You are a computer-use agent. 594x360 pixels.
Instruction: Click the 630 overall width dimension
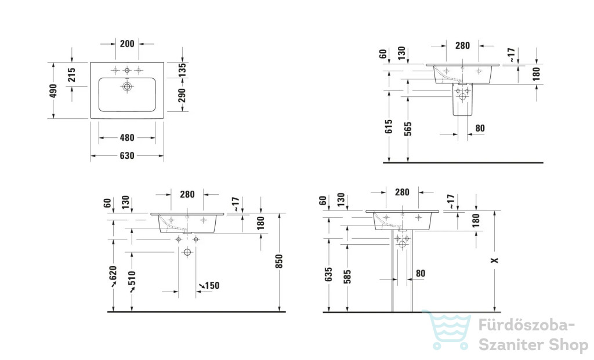coord(127,155)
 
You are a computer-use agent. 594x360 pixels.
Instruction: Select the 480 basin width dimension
coord(127,138)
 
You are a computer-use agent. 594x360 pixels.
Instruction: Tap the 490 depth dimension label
coord(53,91)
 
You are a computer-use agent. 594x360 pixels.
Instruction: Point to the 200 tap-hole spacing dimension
coord(127,44)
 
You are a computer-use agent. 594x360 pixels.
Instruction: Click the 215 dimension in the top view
coord(71,75)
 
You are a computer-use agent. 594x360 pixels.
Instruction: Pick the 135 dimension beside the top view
coord(182,70)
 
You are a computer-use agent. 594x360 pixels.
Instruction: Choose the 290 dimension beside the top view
coord(182,96)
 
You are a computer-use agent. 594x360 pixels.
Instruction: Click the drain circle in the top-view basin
coord(127,87)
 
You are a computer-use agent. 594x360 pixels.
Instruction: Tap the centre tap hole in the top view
coord(127,70)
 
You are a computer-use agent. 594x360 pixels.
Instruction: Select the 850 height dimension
coord(279,261)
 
